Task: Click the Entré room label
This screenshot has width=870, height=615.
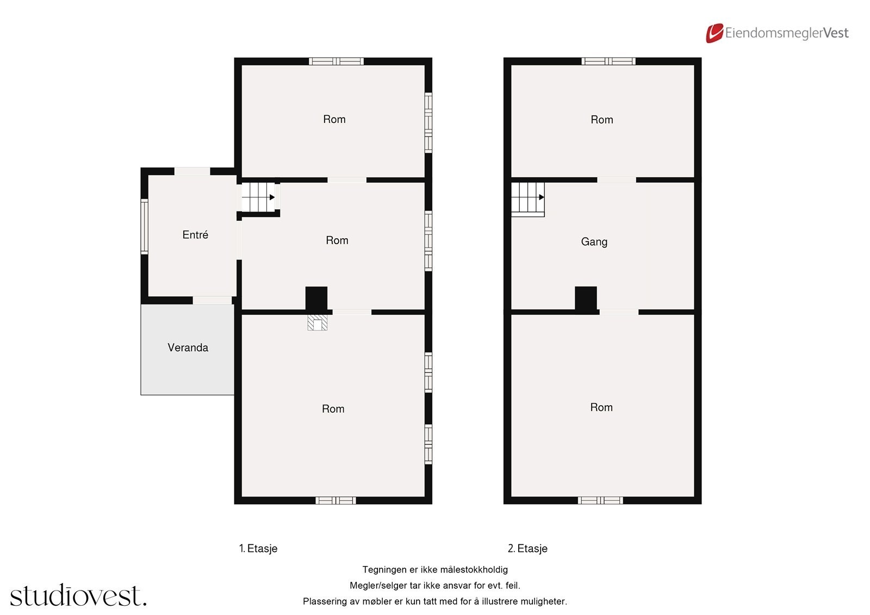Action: (x=195, y=235)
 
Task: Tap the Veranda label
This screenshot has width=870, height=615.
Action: (x=188, y=347)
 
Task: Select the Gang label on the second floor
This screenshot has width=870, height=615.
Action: (x=594, y=241)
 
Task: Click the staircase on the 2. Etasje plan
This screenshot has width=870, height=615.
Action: (x=527, y=199)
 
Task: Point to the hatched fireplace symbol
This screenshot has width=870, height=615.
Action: (x=317, y=322)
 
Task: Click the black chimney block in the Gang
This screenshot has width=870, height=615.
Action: (x=586, y=300)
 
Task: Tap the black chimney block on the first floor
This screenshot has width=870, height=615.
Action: (x=316, y=299)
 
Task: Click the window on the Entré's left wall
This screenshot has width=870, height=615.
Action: (x=144, y=226)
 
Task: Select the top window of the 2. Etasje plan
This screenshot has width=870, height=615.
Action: (x=608, y=61)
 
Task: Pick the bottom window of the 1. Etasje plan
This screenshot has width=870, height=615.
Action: (x=335, y=500)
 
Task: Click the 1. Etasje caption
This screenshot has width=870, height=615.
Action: (x=258, y=549)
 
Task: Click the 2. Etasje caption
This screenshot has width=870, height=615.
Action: (x=527, y=549)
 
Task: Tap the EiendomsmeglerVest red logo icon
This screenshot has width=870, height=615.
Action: (x=714, y=33)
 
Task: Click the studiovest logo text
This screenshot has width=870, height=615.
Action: (x=78, y=596)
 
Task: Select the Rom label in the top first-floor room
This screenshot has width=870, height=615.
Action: (x=334, y=119)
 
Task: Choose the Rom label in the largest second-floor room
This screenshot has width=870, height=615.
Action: (x=601, y=407)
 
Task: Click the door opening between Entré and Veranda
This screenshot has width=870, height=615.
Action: (x=212, y=300)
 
